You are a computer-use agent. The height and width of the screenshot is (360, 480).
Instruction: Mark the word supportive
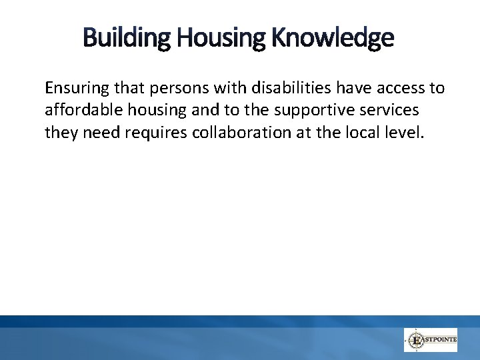click(x=323, y=110)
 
